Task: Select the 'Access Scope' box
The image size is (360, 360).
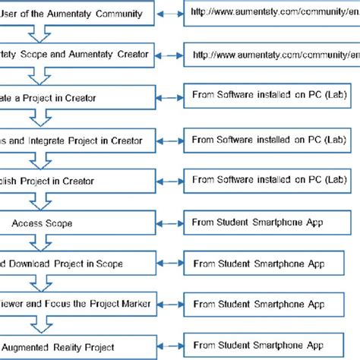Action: point(76,223)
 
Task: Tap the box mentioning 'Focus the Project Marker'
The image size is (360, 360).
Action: point(76,304)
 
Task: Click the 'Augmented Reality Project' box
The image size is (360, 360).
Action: point(76,346)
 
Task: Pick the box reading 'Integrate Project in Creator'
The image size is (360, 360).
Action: point(76,141)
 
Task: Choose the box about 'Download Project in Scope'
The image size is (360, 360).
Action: point(76,263)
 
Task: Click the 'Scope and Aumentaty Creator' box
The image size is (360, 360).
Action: point(76,55)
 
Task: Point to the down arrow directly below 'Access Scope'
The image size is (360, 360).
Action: point(38,243)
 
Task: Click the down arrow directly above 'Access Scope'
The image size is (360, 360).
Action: point(38,203)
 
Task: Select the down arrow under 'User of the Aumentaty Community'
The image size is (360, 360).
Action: point(38,33)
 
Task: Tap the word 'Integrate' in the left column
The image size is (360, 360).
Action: point(46,141)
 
